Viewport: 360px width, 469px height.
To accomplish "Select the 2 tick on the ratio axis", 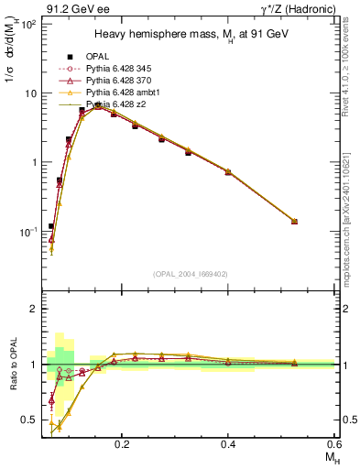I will click(33, 309).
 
